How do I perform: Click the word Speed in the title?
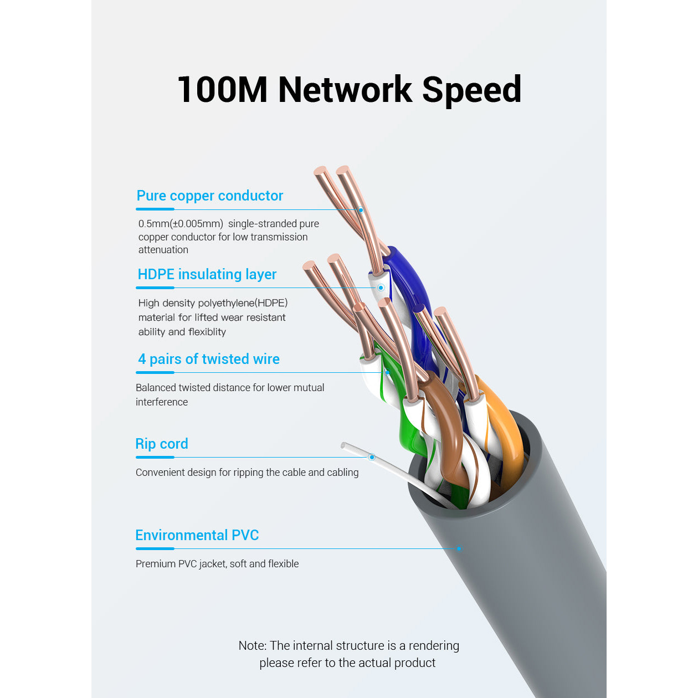pyautogui.click(x=471, y=90)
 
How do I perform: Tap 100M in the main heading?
pyautogui.click(x=222, y=90)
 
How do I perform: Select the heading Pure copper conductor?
pyautogui.click(x=209, y=196)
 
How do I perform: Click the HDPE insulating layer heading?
pyautogui.click(x=207, y=274)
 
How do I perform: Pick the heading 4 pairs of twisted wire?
pyautogui.click(x=209, y=359)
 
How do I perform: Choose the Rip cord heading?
pyautogui.click(x=162, y=444)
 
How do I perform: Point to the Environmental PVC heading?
pyautogui.click(x=197, y=535)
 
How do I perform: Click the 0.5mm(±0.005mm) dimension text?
pyautogui.click(x=181, y=224)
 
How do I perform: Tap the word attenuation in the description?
pyautogui.click(x=163, y=250)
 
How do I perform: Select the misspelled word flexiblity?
pyautogui.click(x=207, y=332)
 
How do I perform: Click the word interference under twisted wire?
pyautogui.click(x=162, y=402)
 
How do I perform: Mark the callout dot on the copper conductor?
pyautogui.click(x=361, y=210)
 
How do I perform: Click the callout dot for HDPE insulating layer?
pyautogui.click(x=381, y=288)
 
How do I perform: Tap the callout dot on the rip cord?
pyautogui.click(x=372, y=457)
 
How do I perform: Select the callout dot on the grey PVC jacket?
pyautogui.click(x=459, y=549)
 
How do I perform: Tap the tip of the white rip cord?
pyautogui.click(x=343, y=445)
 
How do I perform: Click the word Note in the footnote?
pyautogui.click(x=252, y=645)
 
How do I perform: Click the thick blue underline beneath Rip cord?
pyautogui.click(x=155, y=457)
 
